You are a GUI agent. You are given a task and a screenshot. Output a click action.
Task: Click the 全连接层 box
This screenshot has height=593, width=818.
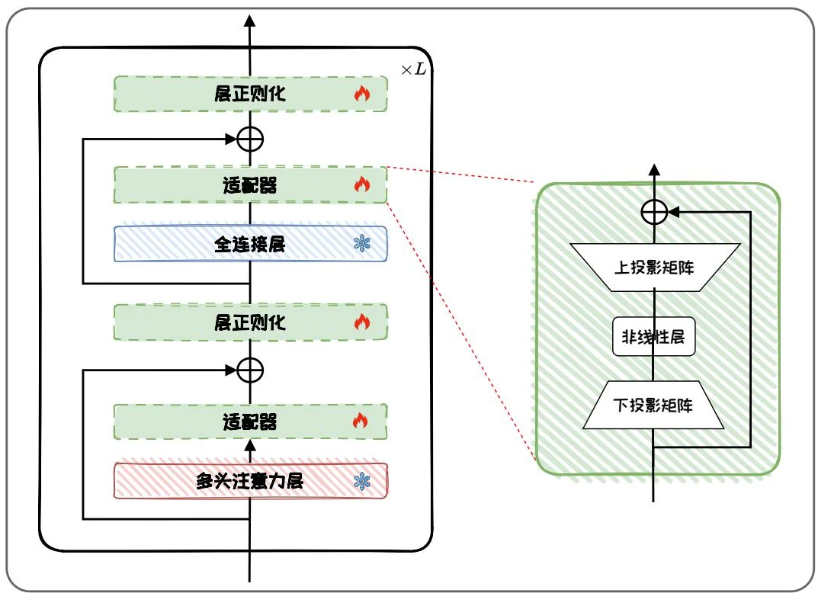point(250,244)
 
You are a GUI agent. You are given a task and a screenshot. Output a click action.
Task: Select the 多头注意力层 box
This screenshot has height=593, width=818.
point(250,481)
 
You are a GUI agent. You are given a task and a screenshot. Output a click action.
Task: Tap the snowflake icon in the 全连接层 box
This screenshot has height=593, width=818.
point(362,244)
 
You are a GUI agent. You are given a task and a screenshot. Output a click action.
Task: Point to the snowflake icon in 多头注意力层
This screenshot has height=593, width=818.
point(362,481)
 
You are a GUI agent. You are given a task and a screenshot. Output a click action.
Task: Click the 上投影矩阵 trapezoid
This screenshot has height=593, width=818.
point(654,267)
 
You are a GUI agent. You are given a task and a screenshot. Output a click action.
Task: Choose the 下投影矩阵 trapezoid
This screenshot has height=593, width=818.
point(654,405)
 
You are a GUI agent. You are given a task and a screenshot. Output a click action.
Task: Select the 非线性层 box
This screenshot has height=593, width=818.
point(654,336)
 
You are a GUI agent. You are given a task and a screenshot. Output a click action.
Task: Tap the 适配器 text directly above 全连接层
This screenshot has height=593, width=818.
point(250,184)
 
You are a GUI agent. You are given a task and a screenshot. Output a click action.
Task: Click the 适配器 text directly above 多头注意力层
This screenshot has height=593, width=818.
point(250,422)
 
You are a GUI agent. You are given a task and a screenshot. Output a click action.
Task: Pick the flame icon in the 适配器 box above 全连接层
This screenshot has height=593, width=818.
point(362,184)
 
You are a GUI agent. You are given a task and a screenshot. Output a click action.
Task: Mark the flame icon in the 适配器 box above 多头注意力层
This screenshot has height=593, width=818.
point(362,421)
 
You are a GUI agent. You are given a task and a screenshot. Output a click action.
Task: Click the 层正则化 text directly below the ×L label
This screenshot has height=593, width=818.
point(250,95)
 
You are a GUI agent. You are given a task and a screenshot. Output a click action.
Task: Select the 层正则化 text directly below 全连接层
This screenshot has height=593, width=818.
point(250,322)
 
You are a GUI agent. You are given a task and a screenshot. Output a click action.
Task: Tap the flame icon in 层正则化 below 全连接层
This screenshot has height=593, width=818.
point(362,322)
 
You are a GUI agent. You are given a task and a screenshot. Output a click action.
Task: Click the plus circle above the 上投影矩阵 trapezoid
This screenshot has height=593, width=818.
point(654,212)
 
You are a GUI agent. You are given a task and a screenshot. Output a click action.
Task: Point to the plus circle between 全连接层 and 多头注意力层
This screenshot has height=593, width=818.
point(250,370)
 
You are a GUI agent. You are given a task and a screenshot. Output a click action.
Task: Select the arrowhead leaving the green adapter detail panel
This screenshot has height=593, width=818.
point(654,169)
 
